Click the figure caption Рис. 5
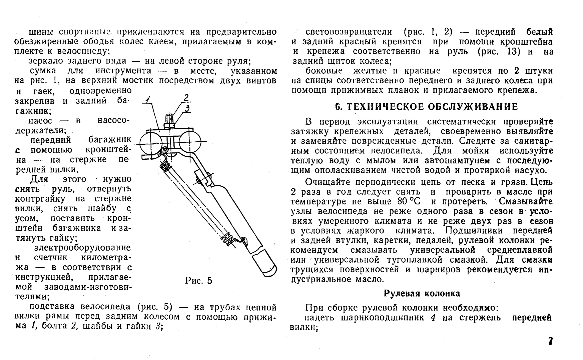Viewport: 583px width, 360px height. [x=198, y=281]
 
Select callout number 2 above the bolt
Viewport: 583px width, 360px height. [x=186, y=97]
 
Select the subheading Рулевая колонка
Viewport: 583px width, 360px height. [x=422, y=293]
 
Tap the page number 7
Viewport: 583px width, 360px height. [x=550, y=341]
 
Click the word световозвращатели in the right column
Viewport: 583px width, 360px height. [x=349, y=32]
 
